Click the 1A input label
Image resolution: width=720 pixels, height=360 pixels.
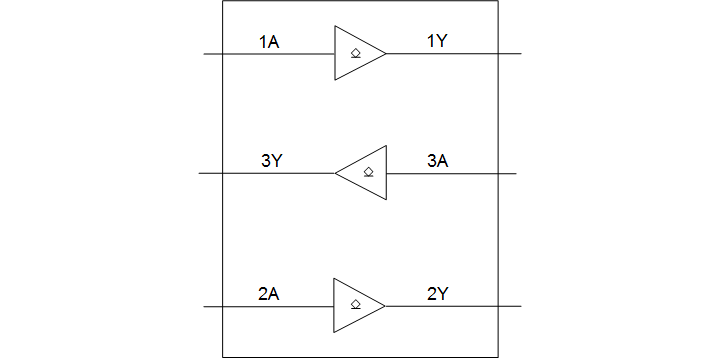point(268,42)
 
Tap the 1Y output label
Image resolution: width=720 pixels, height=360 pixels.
point(437,42)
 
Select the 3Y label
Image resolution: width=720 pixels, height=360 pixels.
point(270,161)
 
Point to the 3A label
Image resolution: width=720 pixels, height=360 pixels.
point(437,161)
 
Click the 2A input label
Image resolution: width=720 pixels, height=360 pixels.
point(268,294)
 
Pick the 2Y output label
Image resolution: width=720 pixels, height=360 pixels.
point(437,294)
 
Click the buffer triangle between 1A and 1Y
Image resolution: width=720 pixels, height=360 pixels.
point(355,53)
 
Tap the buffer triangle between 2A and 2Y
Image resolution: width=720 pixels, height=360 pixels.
point(355,305)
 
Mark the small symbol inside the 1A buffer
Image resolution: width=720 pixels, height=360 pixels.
point(355,53)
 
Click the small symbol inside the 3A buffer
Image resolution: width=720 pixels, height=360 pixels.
point(369,172)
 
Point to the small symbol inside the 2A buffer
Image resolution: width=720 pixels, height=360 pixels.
point(355,305)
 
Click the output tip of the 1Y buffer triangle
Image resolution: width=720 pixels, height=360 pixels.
point(386,53)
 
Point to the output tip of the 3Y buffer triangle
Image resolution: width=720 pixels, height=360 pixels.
point(336,173)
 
